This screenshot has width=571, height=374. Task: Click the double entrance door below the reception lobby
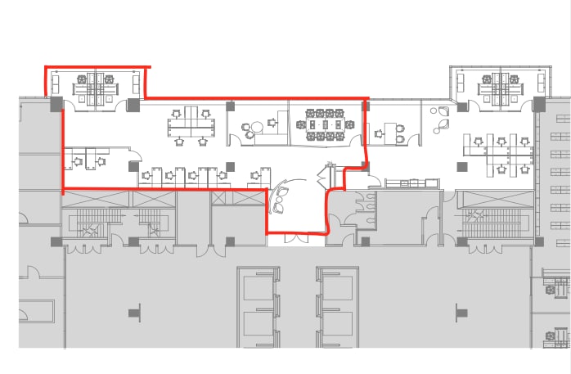(297, 239)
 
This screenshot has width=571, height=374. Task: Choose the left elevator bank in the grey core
(261, 308)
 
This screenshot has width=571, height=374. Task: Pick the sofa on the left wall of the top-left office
(56, 83)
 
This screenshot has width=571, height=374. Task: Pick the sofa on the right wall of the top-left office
(136, 83)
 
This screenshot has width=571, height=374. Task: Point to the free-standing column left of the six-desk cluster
(462, 167)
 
